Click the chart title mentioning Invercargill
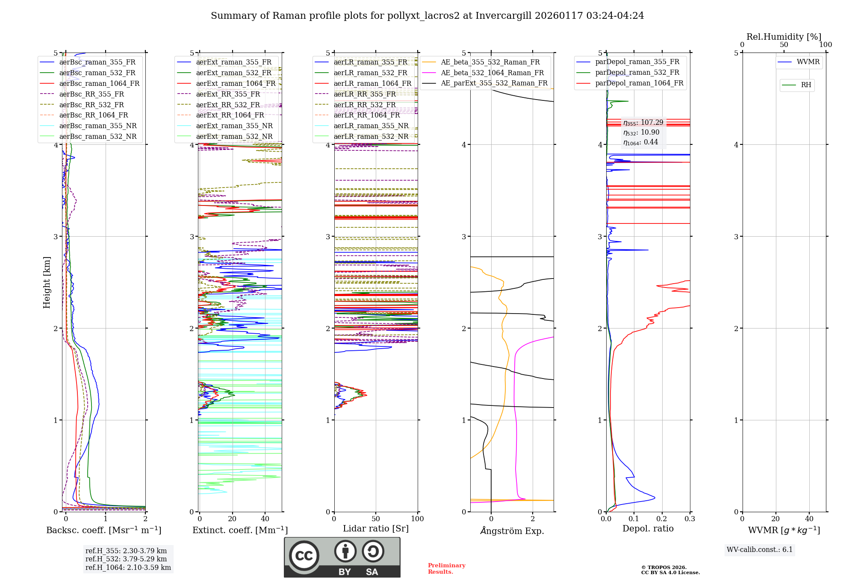427,16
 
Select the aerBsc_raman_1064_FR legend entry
99,83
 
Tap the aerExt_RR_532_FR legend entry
228,105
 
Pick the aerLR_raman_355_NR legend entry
371,126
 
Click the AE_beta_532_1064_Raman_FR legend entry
492,73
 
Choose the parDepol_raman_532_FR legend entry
637,73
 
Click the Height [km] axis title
47,282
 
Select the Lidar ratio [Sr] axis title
376,528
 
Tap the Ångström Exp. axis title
512,531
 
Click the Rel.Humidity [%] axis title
784,37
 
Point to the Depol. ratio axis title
648,528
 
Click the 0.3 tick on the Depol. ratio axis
690,519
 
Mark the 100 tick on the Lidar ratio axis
417,519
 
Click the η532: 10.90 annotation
641,132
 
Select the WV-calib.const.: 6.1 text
760,549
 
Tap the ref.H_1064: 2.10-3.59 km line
128,567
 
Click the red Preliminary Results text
446,569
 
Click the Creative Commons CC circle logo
304,556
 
